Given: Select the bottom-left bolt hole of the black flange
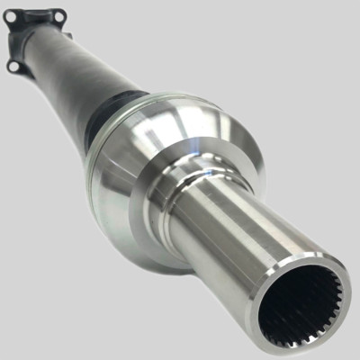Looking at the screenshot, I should point(13,66).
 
